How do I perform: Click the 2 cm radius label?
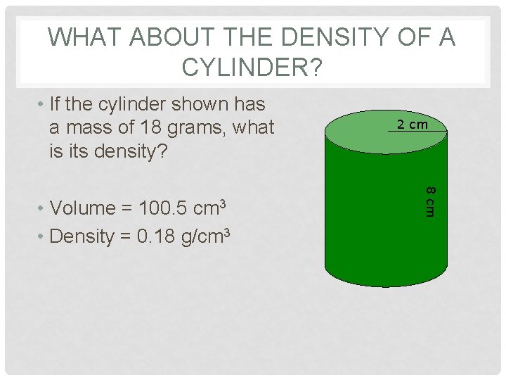[412, 125]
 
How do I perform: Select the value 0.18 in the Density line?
[155, 236]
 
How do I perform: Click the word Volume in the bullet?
[84, 208]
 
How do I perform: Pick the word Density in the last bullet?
[86, 236]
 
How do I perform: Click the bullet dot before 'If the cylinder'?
[42, 105]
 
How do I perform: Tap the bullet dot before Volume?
[42, 209]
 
